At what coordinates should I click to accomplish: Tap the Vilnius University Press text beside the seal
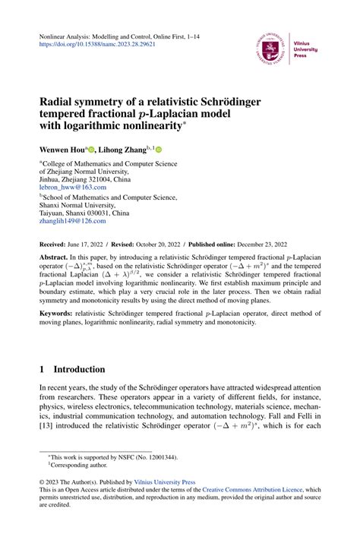point(305,49)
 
